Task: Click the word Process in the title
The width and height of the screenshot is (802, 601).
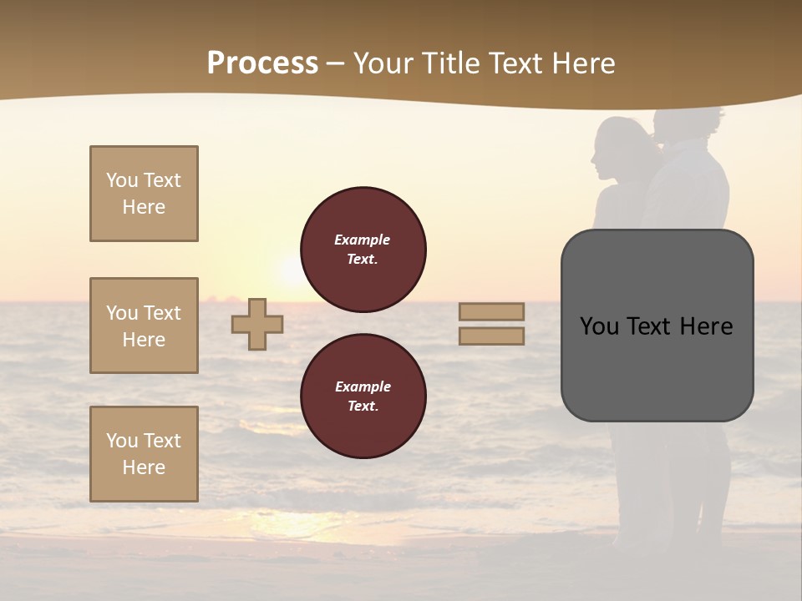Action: pyautogui.click(x=262, y=63)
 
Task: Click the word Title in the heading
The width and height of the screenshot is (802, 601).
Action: pyautogui.click(x=451, y=63)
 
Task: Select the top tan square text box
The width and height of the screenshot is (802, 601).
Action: pyautogui.click(x=144, y=194)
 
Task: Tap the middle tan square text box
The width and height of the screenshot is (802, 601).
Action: pyautogui.click(x=144, y=326)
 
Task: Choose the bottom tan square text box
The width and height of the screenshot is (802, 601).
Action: pyautogui.click(x=144, y=454)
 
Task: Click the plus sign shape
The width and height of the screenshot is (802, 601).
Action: pyautogui.click(x=257, y=324)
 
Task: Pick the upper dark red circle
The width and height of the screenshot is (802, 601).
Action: pyautogui.click(x=363, y=250)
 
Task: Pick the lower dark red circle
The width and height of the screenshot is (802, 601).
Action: pyautogui.click(x=363, y=396)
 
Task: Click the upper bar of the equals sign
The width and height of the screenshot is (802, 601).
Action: pyautogui.click(x=491, y=311)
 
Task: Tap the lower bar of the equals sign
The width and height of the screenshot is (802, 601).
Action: pyautogui.click(x=491, y=336)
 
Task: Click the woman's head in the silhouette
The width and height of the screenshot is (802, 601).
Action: pyautogui.click(x=617, y=146)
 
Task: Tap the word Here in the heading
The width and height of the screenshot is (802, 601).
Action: pyautogui.click(x=581, y=63)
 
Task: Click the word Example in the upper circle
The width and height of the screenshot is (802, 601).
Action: pyautogui.click(x=363, y=240)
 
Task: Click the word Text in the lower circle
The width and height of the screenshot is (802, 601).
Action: pyautogui.click(x=363, y=407)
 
